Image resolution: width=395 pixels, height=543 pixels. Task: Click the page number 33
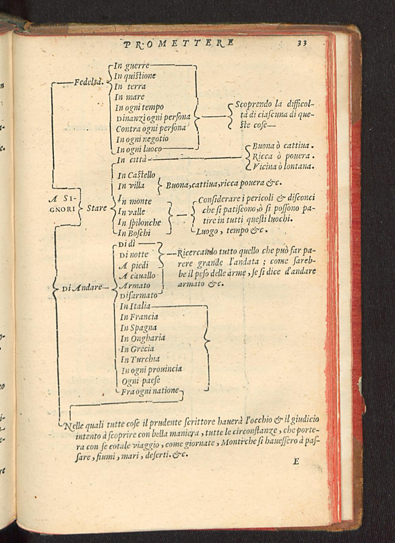(x=302, y=43)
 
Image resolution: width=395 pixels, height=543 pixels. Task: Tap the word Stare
(x=97, y=208)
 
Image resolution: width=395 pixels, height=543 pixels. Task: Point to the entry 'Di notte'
(x=134, y=255)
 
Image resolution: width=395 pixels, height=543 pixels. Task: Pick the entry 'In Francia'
(x=139, y=317)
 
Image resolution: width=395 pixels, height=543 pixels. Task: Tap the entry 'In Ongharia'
(x=143, y=338)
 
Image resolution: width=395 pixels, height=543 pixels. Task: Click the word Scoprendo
(x=253, y=104)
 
